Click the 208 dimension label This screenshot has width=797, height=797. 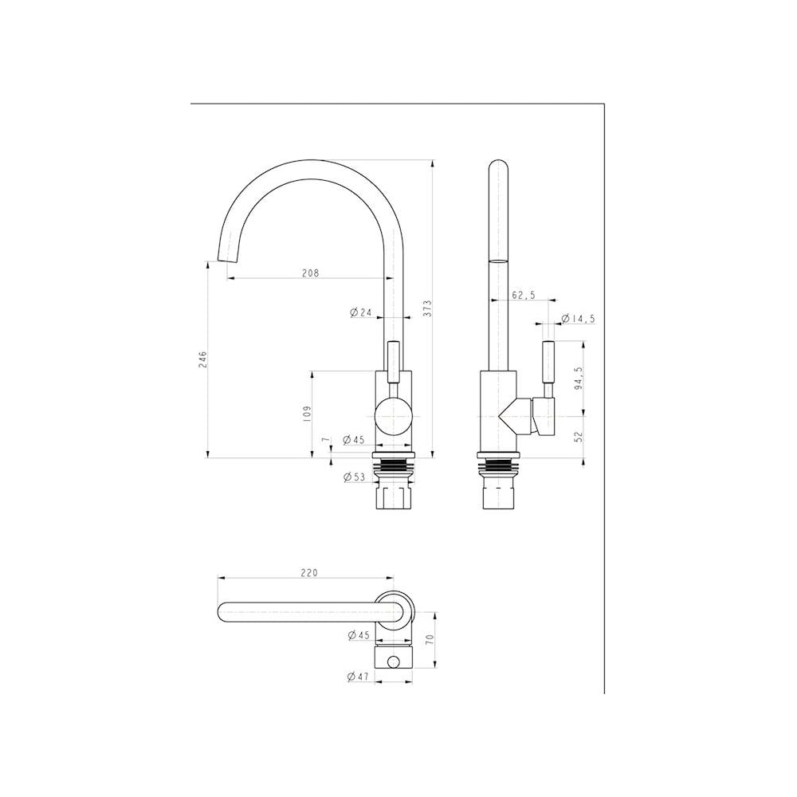pos(310,273)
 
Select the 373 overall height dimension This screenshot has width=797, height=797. pos(427,308)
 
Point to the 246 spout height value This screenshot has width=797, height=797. pos(202,359)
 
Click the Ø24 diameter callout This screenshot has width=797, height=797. pos(361,312)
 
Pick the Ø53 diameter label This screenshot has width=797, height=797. pos(355,477)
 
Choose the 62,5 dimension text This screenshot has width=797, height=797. pos(523,295)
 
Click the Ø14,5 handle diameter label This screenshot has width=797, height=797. pos(577,320)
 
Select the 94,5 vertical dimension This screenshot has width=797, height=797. pos(578,378)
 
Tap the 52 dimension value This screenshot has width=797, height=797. pos(578,436)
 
